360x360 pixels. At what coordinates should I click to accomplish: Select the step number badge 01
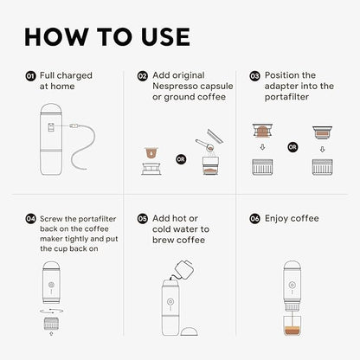pos(29,76)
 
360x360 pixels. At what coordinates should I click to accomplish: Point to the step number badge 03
pos(254,76)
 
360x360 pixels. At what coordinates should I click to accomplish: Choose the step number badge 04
pos(29,219)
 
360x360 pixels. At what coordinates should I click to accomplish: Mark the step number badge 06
pos(254,219)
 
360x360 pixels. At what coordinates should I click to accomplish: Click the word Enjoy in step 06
pos(279,219)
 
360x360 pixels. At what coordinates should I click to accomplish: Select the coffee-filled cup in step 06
pos(292,335)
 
